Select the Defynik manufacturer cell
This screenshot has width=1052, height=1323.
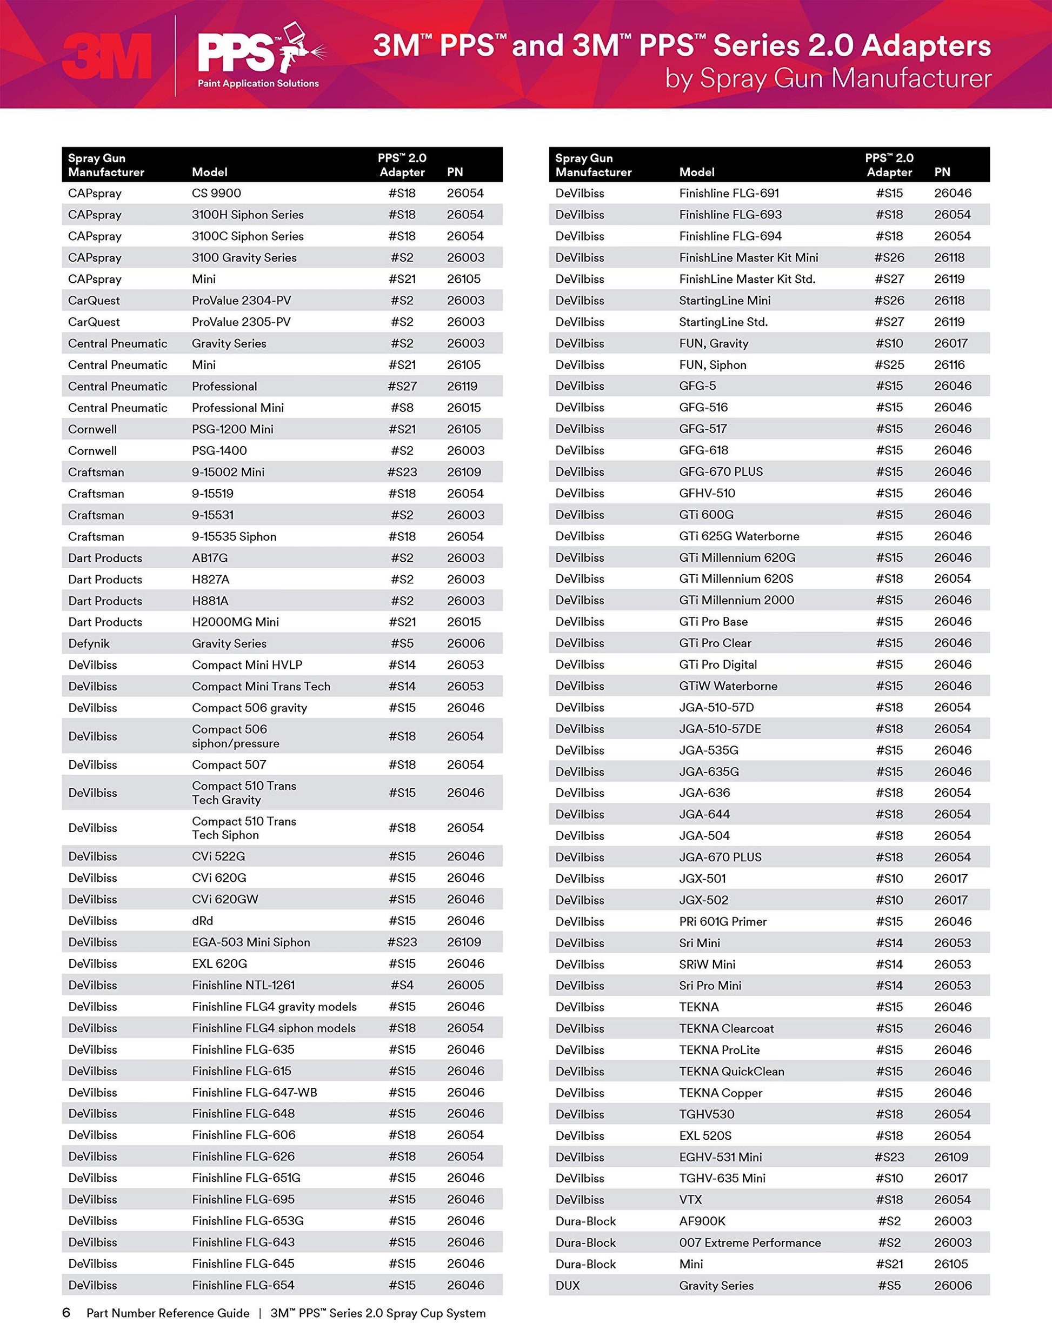click(89, 643)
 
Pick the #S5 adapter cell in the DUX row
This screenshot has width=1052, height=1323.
click(889, 1285)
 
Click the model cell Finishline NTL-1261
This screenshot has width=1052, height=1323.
click(243, 985)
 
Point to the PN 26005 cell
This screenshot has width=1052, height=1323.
click(465, 985)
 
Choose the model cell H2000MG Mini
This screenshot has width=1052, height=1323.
click(235, 622)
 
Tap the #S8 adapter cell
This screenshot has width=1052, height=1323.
click(402, 408)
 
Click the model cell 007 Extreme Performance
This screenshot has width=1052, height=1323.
click(750, 1242)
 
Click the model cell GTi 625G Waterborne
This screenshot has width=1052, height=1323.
click(738, 536)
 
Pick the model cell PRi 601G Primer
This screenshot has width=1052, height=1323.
click(723, 921)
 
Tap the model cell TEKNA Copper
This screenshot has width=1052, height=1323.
click(720, 1092)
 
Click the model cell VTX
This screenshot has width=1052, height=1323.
click(690, 1199)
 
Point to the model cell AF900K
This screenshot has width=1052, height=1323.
click(702, 1220)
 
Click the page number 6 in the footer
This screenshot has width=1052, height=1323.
click(66, 1313)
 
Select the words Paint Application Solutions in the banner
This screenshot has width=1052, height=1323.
click(258, 83)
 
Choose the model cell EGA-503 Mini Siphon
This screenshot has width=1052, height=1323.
click(250, 942)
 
